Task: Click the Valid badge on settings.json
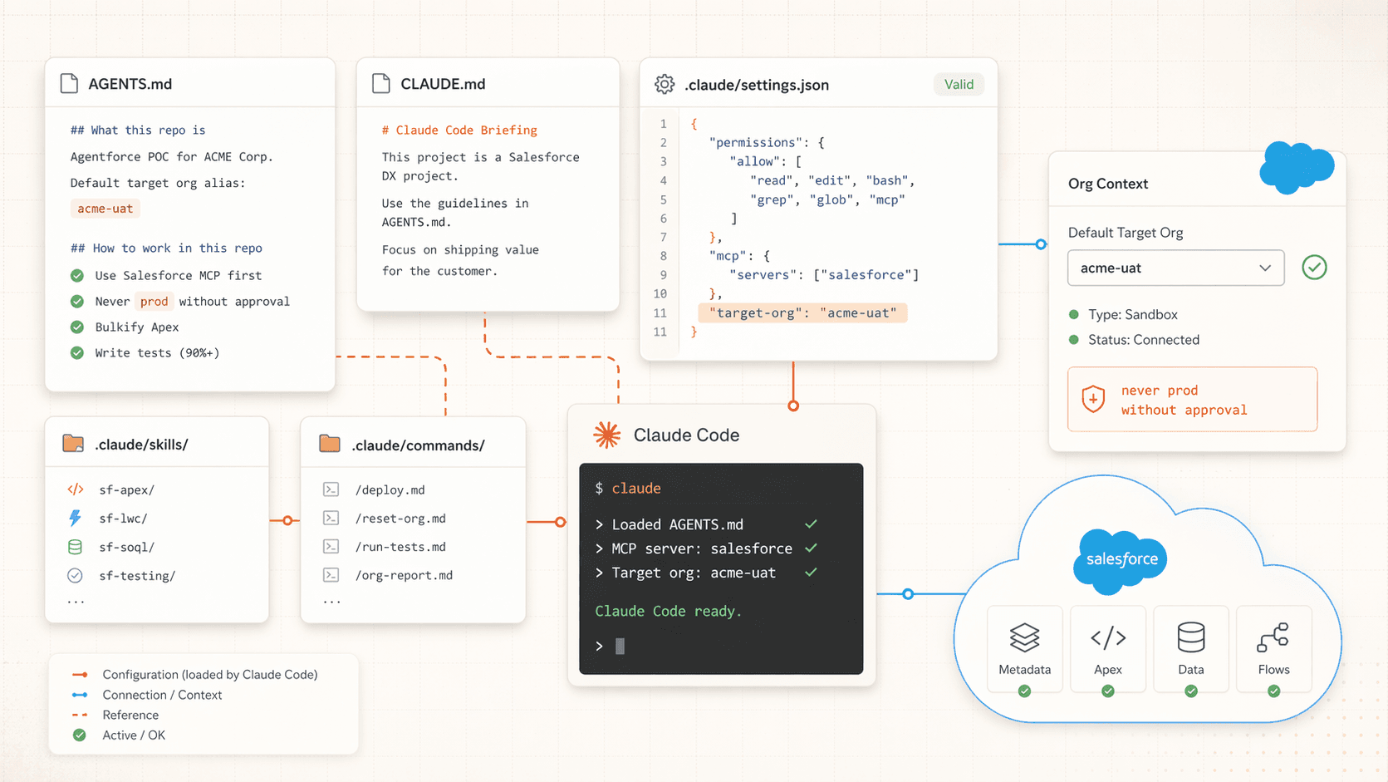959,84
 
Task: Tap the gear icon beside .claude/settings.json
665,84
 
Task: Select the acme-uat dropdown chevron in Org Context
1264,268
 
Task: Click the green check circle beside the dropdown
1314,268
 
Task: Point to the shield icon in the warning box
1093,399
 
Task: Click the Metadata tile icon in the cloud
1024,638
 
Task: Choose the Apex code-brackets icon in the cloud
1108,638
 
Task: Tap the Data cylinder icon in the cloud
1190,638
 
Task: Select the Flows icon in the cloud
1273,638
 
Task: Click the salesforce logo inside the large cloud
1121,559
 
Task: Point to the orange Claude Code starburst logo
606,435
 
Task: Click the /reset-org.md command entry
400,519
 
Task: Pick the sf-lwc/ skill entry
123,519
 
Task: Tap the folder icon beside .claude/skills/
73,444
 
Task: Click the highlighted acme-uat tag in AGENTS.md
105,209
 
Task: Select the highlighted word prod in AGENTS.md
154,302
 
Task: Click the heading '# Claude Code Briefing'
459,130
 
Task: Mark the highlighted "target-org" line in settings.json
802,312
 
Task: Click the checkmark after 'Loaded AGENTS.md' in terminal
811,524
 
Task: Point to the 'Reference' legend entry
130,715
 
